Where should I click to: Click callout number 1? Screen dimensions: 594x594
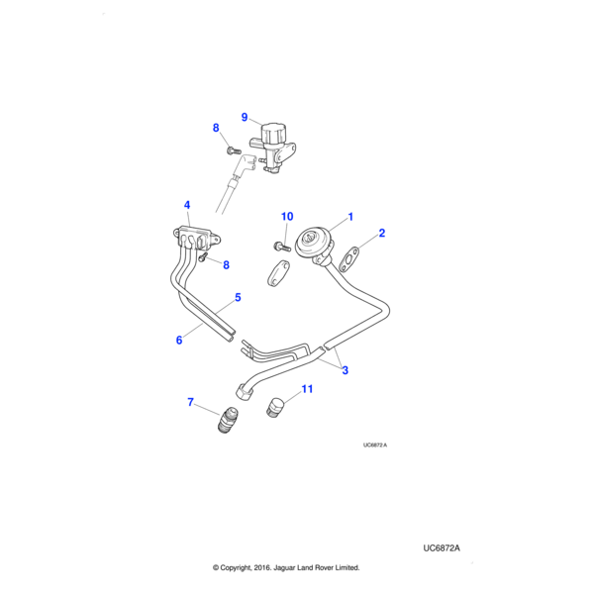click(349, 217)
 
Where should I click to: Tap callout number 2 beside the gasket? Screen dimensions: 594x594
click(382, 235)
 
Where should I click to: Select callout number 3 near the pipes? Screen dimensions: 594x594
click(345, 370)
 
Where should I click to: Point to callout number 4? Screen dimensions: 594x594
click(186, 206)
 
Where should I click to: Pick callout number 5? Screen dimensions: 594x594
click(238, 297)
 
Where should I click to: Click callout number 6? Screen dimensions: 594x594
click(179, 341)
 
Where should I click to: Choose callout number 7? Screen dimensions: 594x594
click(190, 402)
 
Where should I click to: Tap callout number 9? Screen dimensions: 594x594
click(245, 117)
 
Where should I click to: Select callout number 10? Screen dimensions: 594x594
click(287, 217)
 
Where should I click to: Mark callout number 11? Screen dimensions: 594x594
click(307, 390)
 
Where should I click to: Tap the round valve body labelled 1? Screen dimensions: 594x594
click(316, 244)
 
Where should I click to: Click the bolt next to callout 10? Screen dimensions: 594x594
click(280, 244)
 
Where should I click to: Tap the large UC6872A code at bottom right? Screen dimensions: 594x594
click(442, 547)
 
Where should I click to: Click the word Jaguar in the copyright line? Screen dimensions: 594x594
click(283, 568)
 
